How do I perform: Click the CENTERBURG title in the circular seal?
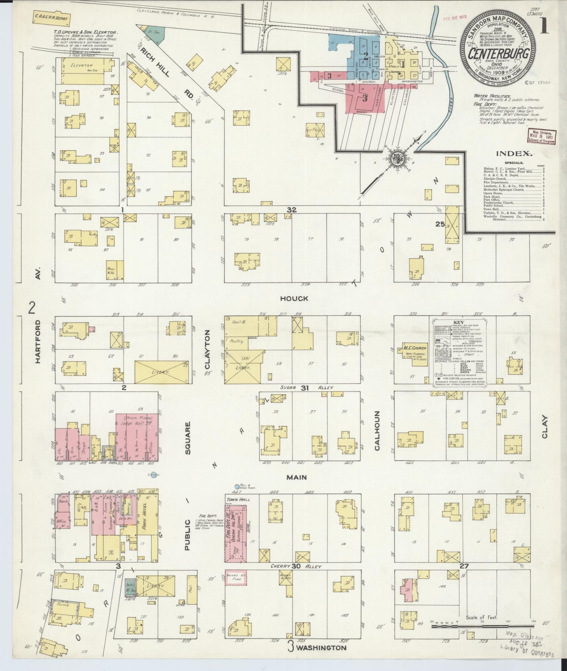click(499, 54)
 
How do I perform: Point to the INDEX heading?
click(514, 154)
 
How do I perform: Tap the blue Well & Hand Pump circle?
click(237, 486)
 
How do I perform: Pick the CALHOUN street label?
click(376, 430)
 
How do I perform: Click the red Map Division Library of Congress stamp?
click(542, 137)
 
